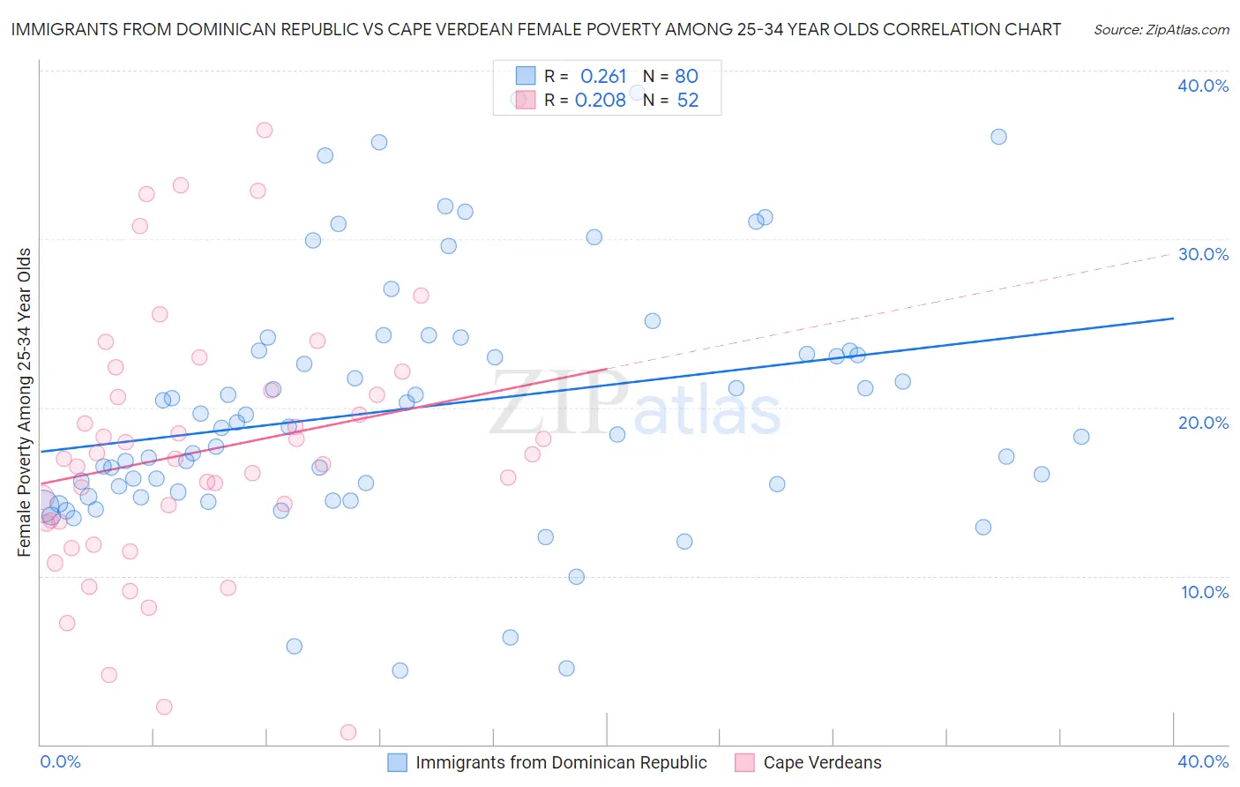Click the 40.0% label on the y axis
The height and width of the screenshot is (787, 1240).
tap(1203, 86)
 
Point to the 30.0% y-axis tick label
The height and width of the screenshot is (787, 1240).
tap(1203, 254)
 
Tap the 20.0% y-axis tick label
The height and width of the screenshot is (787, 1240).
tap(1203, 423)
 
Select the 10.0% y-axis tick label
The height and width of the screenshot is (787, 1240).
tap(1205, 592)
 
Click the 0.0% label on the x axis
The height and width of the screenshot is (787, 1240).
tap(60, 761)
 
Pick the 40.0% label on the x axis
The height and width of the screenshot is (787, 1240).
tap(1203, 761)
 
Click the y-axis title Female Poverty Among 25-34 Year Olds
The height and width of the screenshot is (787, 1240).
tap(25, 402)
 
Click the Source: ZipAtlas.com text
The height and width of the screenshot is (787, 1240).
tap(1161, 30)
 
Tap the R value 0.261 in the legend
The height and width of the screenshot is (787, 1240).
tap(603, 77)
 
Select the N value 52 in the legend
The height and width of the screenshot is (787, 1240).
tap(688, 101)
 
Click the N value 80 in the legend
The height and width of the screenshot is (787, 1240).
tap(686, 77)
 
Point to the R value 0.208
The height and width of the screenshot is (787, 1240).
tap(601, 101)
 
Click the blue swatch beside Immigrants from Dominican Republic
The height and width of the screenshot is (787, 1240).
tap(398, 762)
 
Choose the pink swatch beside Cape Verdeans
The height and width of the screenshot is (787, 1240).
tap(745, 762)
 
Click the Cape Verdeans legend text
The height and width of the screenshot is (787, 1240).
tap(822, 762)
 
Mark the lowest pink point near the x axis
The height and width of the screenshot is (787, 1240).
tap(348, 732)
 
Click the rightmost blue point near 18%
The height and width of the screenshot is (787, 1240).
tap(1081, 437)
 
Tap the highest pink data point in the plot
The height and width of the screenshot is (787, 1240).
tap(265, 131)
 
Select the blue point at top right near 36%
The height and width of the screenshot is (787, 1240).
tap(998, 137)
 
